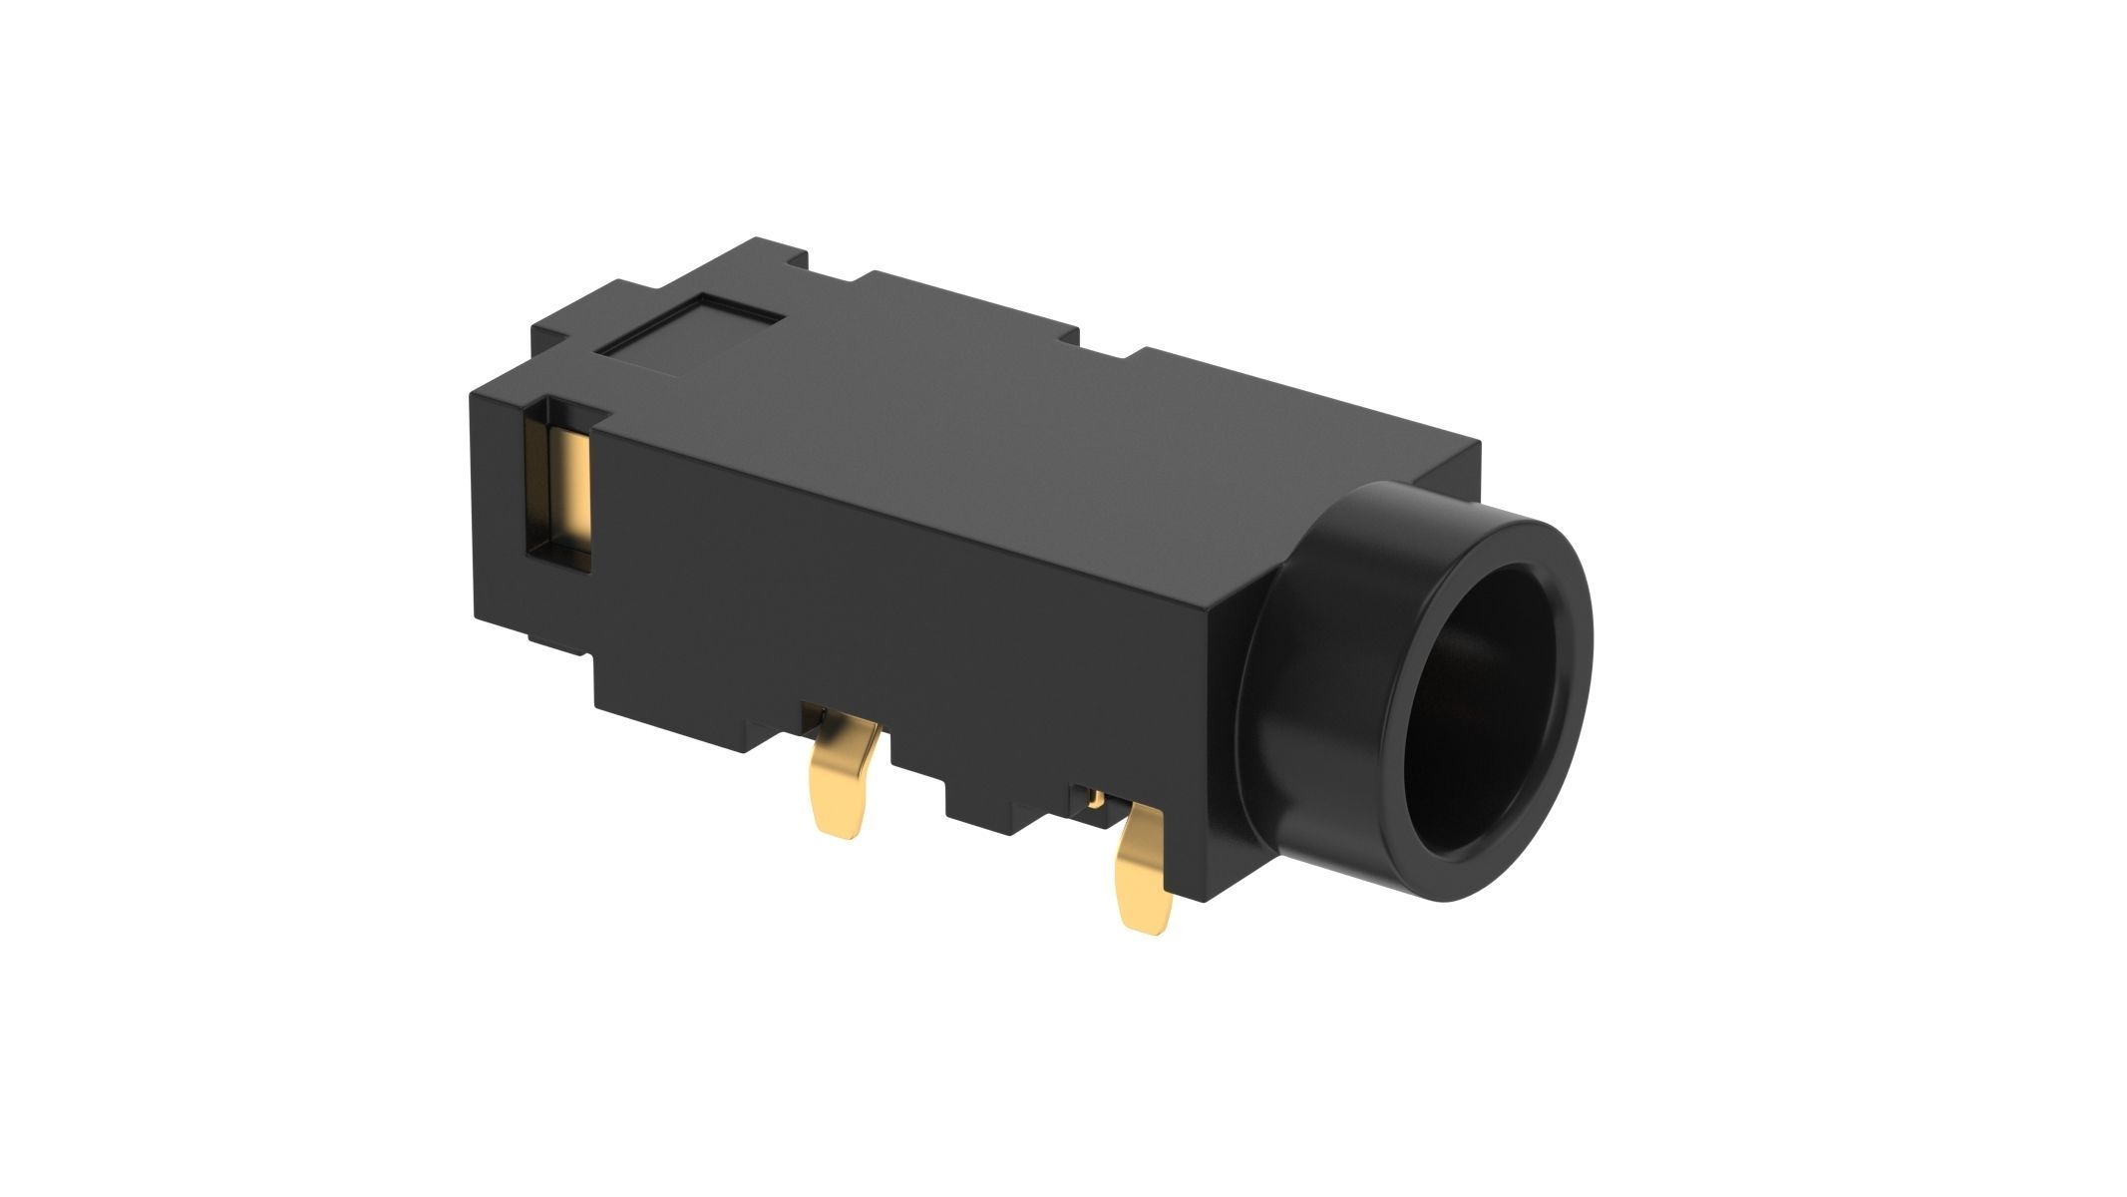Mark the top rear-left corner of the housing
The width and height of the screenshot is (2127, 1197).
tap(477, 395)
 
